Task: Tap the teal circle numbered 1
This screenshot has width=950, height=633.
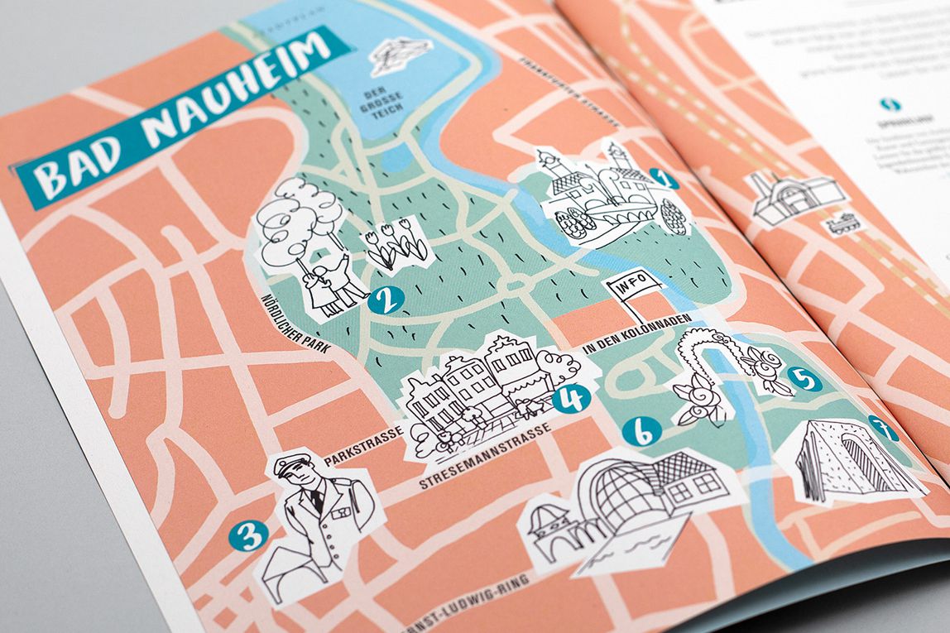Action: click(664, 178)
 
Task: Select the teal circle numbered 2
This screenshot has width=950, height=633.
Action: click(386, 299)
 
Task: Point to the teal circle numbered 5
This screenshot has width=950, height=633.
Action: click(804, 378)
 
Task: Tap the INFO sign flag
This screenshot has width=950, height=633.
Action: click(636, 289)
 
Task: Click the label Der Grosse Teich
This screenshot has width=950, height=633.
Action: click(370, 104)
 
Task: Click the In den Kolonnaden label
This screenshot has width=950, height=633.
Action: click(627, 341)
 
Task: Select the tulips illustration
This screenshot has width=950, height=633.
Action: click(396, 244)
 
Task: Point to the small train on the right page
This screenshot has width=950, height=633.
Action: click(847, 223)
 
